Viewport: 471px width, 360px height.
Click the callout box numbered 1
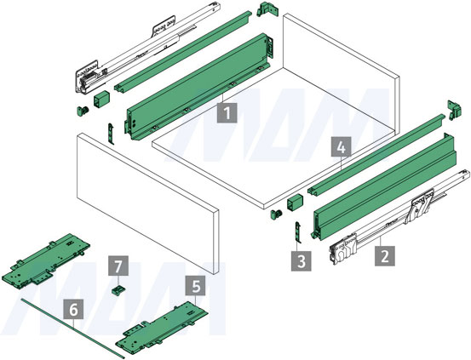227,113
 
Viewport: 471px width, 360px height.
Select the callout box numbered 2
384,256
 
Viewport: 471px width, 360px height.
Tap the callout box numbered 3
301,261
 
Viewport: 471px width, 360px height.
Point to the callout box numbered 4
341,147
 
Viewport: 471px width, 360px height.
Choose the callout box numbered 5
196,286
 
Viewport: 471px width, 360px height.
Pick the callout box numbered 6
73,310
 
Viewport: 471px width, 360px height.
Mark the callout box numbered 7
118,266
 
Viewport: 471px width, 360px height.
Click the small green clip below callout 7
118,290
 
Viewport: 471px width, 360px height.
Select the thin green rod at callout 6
73,329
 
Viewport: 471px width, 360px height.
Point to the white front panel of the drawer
147,204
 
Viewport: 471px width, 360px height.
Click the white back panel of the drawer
341,72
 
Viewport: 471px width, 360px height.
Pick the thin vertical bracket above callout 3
298,232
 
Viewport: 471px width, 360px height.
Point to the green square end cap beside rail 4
296,203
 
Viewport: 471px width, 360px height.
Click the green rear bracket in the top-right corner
454,110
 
